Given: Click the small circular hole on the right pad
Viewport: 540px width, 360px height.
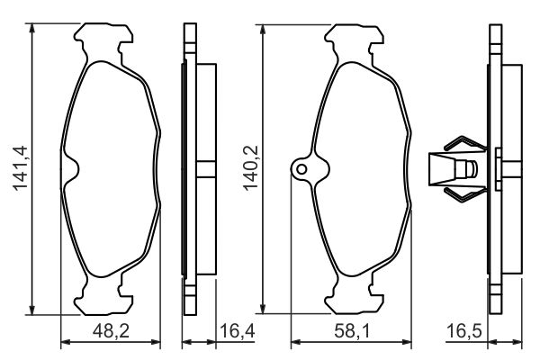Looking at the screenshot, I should [x=303, y=168].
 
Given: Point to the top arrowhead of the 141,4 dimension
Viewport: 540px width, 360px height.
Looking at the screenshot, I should [x=32, y=28].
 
